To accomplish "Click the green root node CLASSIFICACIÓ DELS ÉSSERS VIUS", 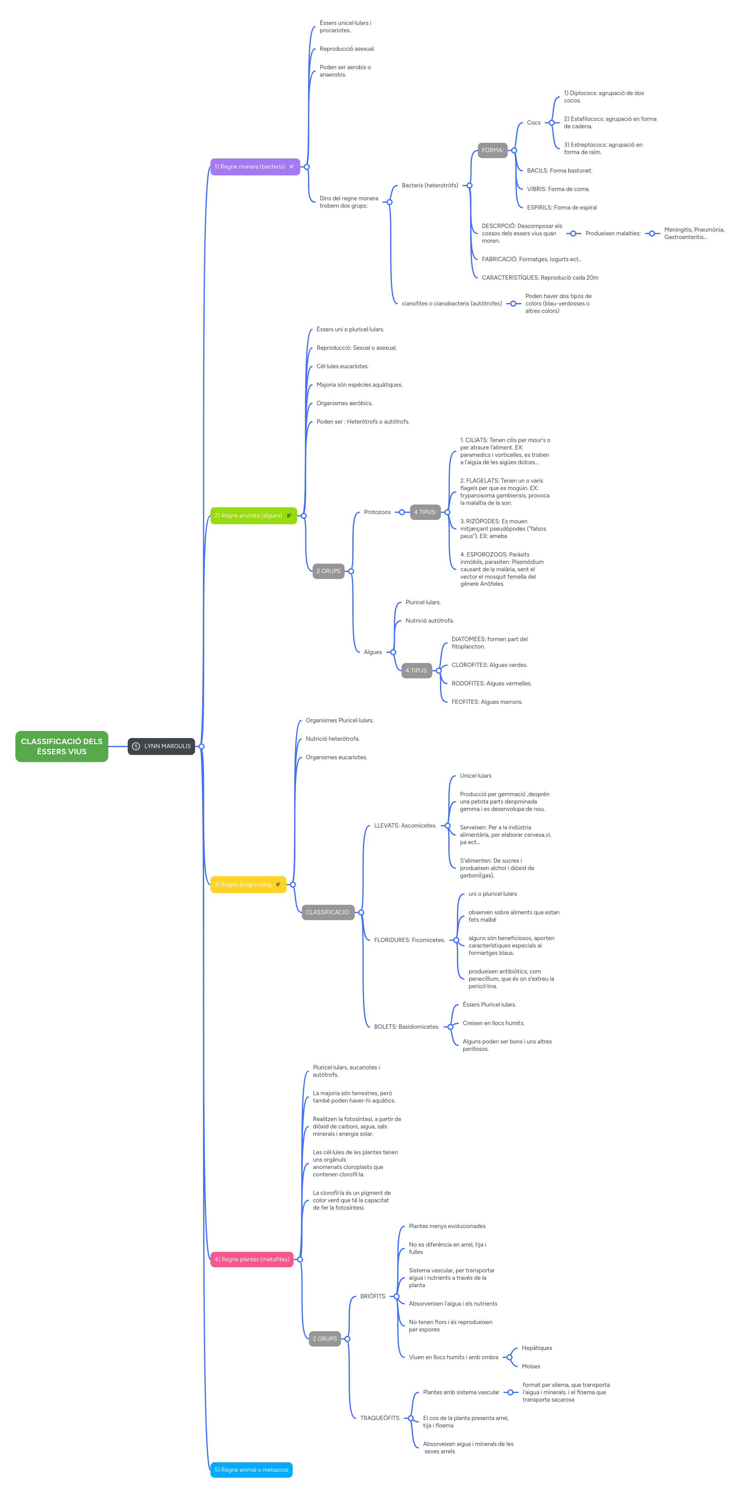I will [62, 746].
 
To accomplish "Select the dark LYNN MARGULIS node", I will [161, 746].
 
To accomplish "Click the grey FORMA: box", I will [492, 150].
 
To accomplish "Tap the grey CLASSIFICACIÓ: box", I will [328, 912].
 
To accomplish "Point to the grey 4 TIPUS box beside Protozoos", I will [425, 512].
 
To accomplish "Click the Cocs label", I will [534, 123].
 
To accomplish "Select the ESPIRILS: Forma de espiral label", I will [561, 207].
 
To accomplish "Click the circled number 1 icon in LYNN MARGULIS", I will [136, 746].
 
